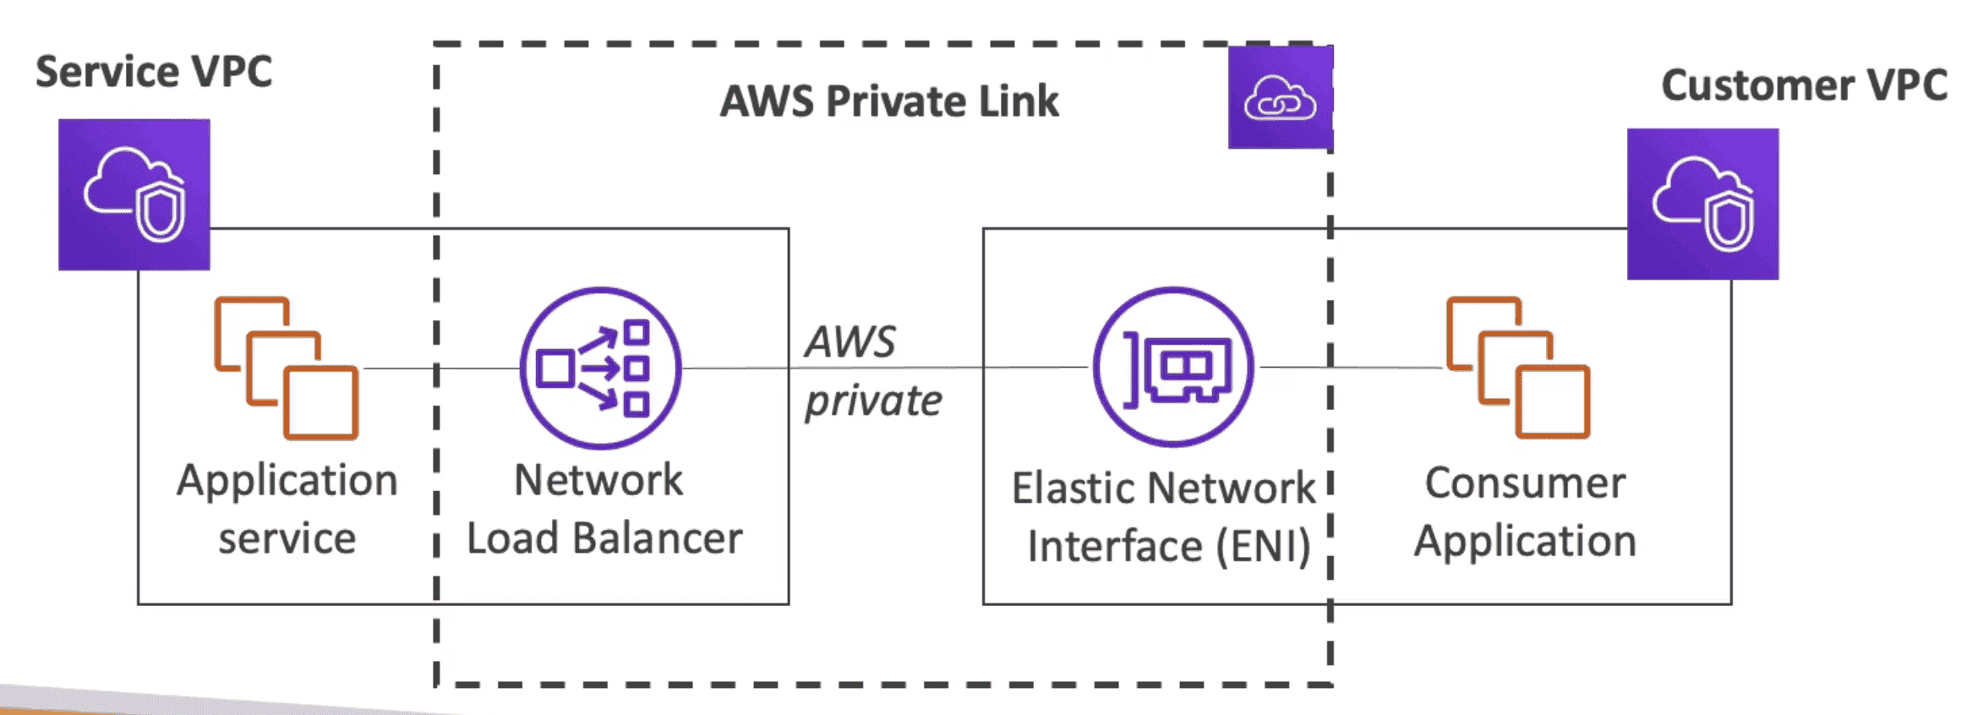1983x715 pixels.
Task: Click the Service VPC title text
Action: pos(154,71)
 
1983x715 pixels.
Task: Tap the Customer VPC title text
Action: pos(1804,85)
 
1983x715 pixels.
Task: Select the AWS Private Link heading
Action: pos(888,101)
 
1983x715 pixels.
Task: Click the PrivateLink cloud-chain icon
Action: pos(1280,98)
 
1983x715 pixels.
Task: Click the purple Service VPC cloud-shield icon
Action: pos(134,194)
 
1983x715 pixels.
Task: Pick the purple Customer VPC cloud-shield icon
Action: pos(1702,204)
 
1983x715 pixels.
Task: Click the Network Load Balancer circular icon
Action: pos(600,368)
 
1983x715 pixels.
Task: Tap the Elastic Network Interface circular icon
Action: pos(1173,367)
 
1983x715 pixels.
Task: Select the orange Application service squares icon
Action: pos(287,368)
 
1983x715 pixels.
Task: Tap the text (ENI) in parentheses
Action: pos(1263,546)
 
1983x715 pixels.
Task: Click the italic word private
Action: pos(872,401)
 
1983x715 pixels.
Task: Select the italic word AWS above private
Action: pos(849,342)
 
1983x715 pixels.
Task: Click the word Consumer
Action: pos(1525,483)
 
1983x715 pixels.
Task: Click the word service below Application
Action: pos(287,538)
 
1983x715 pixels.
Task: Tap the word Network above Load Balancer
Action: pos(598,480)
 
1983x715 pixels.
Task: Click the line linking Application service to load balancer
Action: pos(440,368)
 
